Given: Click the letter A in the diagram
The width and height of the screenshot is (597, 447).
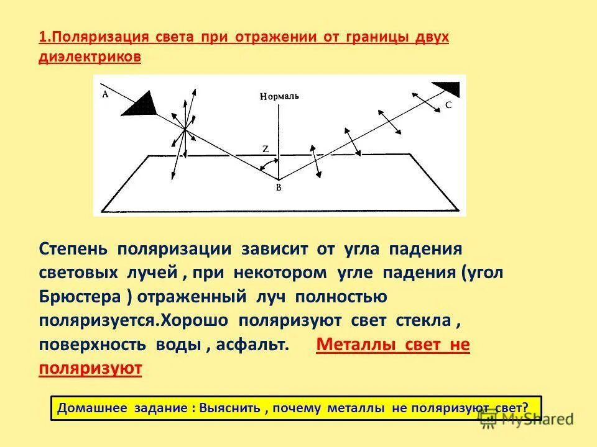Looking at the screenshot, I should [104, 94].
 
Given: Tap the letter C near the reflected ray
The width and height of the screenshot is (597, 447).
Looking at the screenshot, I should [448, 106].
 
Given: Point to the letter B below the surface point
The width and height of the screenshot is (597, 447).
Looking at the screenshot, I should [279, 188].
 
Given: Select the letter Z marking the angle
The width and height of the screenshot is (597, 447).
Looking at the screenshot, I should [266, 149].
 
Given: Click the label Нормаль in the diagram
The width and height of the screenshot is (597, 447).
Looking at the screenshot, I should [280, 96].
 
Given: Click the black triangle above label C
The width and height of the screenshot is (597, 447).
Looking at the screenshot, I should [446, 88].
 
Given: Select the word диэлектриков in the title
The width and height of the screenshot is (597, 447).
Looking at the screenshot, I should [90, 56].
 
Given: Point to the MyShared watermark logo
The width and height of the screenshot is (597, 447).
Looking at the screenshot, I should [525, 419].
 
